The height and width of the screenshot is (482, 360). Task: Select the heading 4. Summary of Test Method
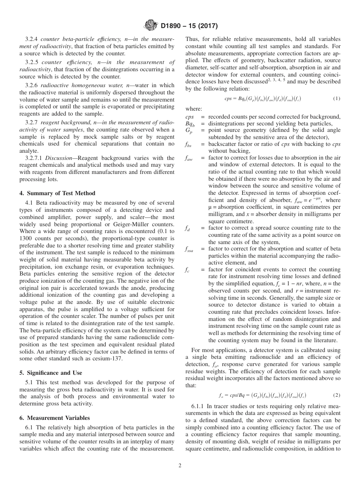tap(57, 193)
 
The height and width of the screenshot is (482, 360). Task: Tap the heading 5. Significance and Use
tap(51, 373)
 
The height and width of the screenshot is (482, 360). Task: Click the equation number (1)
tap(337, 99)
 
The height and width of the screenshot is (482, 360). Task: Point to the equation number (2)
tap(337, 395)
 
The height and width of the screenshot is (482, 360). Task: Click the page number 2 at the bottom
tap(180, 466)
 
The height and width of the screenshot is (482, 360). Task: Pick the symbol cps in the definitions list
tap(190, 117)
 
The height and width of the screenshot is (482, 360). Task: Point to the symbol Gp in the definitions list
tap(189, 130)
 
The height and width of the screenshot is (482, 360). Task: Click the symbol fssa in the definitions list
tap(189, 250)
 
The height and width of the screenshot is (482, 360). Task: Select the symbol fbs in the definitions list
tap(189, 144)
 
